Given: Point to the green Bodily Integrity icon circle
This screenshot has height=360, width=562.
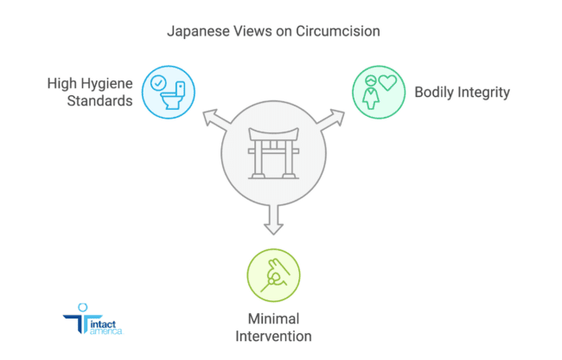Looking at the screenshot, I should [x=379, y=92].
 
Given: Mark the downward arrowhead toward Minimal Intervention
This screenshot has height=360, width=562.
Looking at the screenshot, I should [x=273, y=228].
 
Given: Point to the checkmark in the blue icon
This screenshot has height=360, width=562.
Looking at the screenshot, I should [x=158, y=83].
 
